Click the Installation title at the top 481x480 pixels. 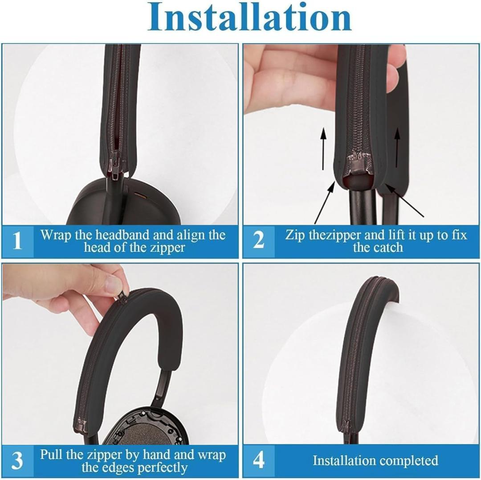pyautogui.click(x=249, y=17)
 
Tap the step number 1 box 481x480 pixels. pyautogui.click(x=17, y=241)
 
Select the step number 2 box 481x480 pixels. pyautogui.click(x=259, y=241)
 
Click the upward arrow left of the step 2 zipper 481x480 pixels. pyautogui.click(x=323, y=149)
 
